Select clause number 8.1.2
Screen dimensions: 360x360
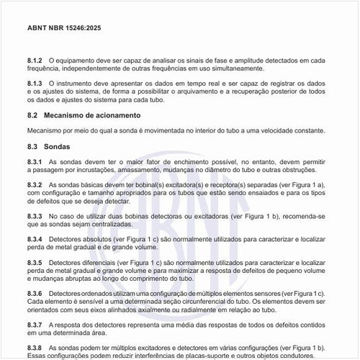pyautogui.click(x=35, y=59)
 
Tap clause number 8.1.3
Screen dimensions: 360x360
pyautogui.click(x=35, y=84)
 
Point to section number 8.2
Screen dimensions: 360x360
pyautogui.click(x=32, y=115)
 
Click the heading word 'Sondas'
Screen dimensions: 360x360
pyautogui.click(x=57, y=147)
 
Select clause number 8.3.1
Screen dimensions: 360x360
pyautogui.click(x=35, y=163)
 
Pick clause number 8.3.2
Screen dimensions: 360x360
pyautogui.click(x=35, y=185)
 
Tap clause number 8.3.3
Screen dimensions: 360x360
pyautogui.click(x=35, y=217)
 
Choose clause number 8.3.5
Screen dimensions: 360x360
pyautogui.click(x=35, y=263)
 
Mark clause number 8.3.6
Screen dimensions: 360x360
pyautogui.click(x=35, y=294)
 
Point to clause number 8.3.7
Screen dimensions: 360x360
pyautogui.click(x=35, y=326)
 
